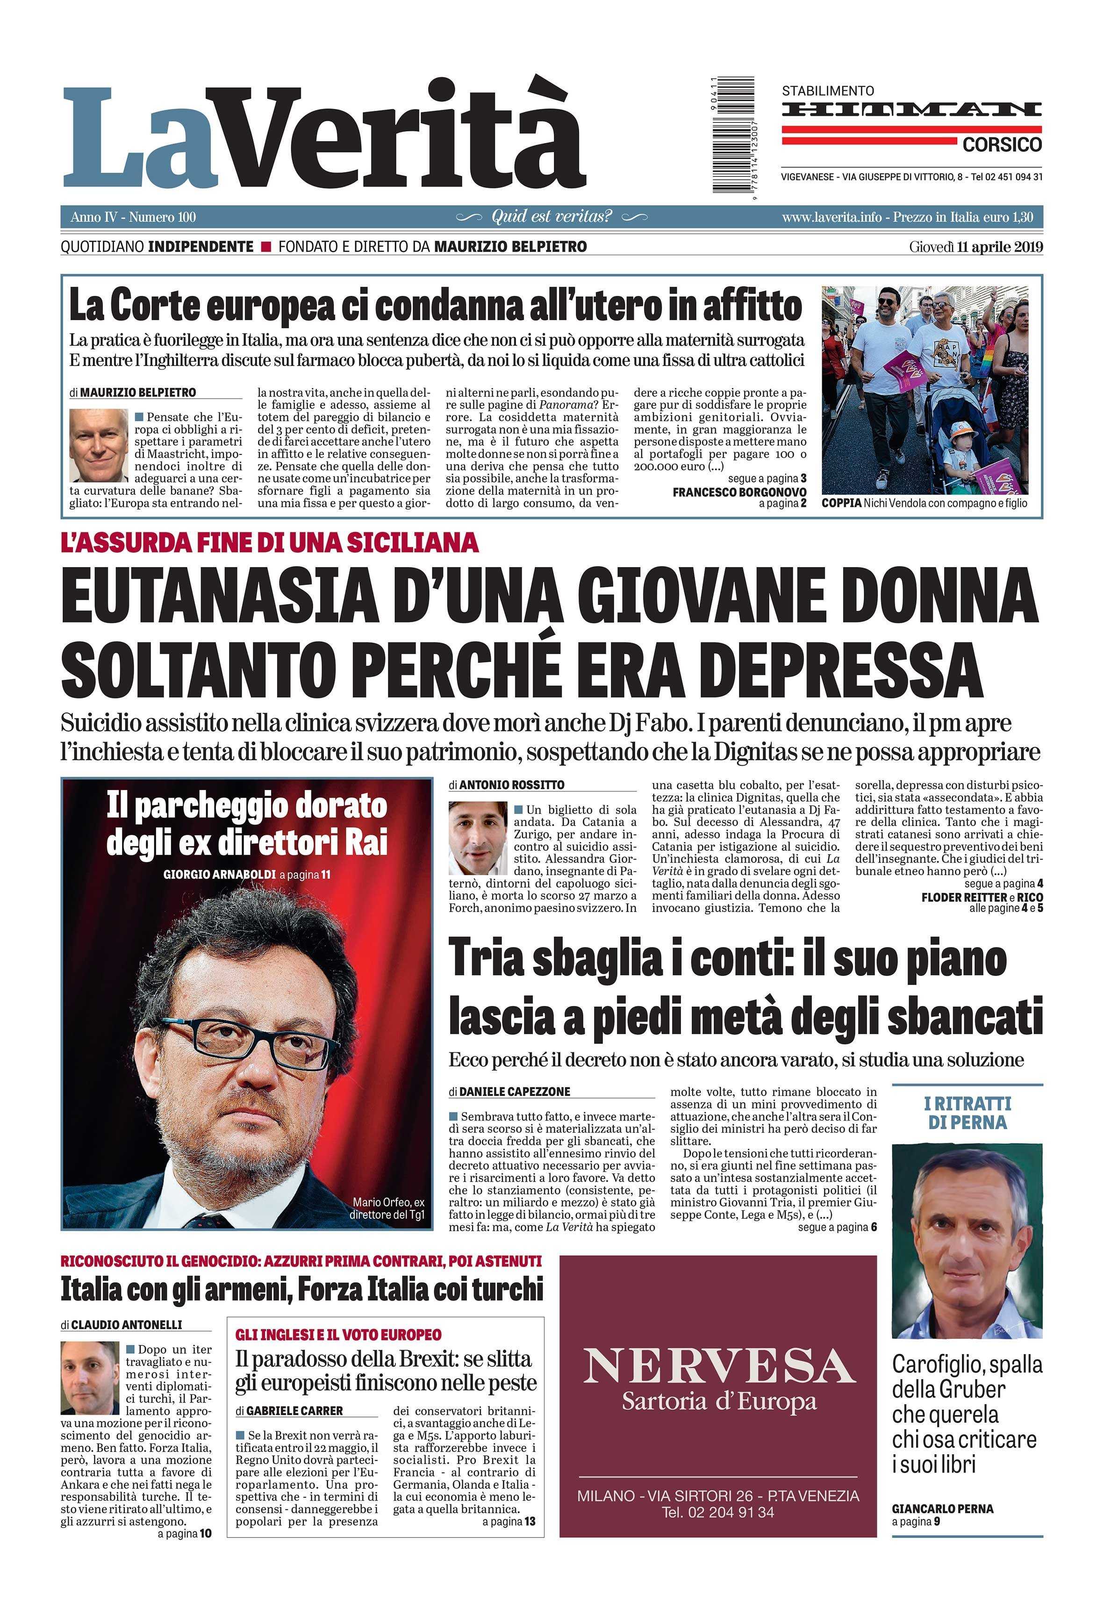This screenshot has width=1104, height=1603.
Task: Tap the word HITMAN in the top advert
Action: [912, 109]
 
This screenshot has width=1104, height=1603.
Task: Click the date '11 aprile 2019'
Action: [1000, 247]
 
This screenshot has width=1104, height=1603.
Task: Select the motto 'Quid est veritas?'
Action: [552, 216]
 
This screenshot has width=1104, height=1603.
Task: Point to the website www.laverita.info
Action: [832, 217]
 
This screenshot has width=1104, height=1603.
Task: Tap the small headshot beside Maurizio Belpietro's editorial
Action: [98, 445]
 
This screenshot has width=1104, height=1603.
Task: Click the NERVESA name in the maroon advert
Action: [718, 1368]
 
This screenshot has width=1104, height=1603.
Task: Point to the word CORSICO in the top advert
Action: [1002, 144]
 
